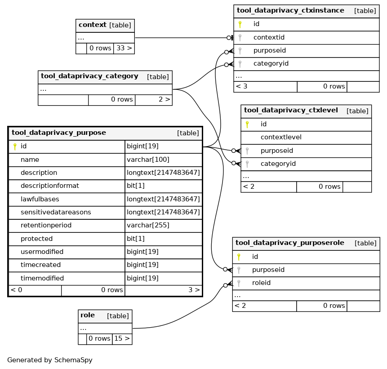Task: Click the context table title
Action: (93, 25)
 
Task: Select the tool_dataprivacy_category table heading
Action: (89, 76)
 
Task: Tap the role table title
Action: (88, 315)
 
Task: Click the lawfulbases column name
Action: (40, 199)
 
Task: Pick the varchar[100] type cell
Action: (148, 160)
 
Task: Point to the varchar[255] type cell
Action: (148, 225)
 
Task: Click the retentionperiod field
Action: (46, 225)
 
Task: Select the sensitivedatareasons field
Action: (56, 212)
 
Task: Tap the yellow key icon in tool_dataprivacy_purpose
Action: (15, 147)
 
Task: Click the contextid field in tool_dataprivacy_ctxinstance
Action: (269, 37)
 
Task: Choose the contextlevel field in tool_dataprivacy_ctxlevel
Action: (281, 137)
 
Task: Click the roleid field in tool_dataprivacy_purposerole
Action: (262, 283)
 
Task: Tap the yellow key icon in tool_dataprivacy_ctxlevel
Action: (247, 124)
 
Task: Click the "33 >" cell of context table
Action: (124, 48)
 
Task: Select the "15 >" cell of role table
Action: (122, 338)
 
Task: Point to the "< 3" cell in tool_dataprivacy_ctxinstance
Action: (265, 87)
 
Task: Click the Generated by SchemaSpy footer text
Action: (50, 360)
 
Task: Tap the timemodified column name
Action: (42, 278)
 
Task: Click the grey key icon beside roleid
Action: (239, 283)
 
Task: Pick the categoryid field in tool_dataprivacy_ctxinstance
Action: (271, 63)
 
